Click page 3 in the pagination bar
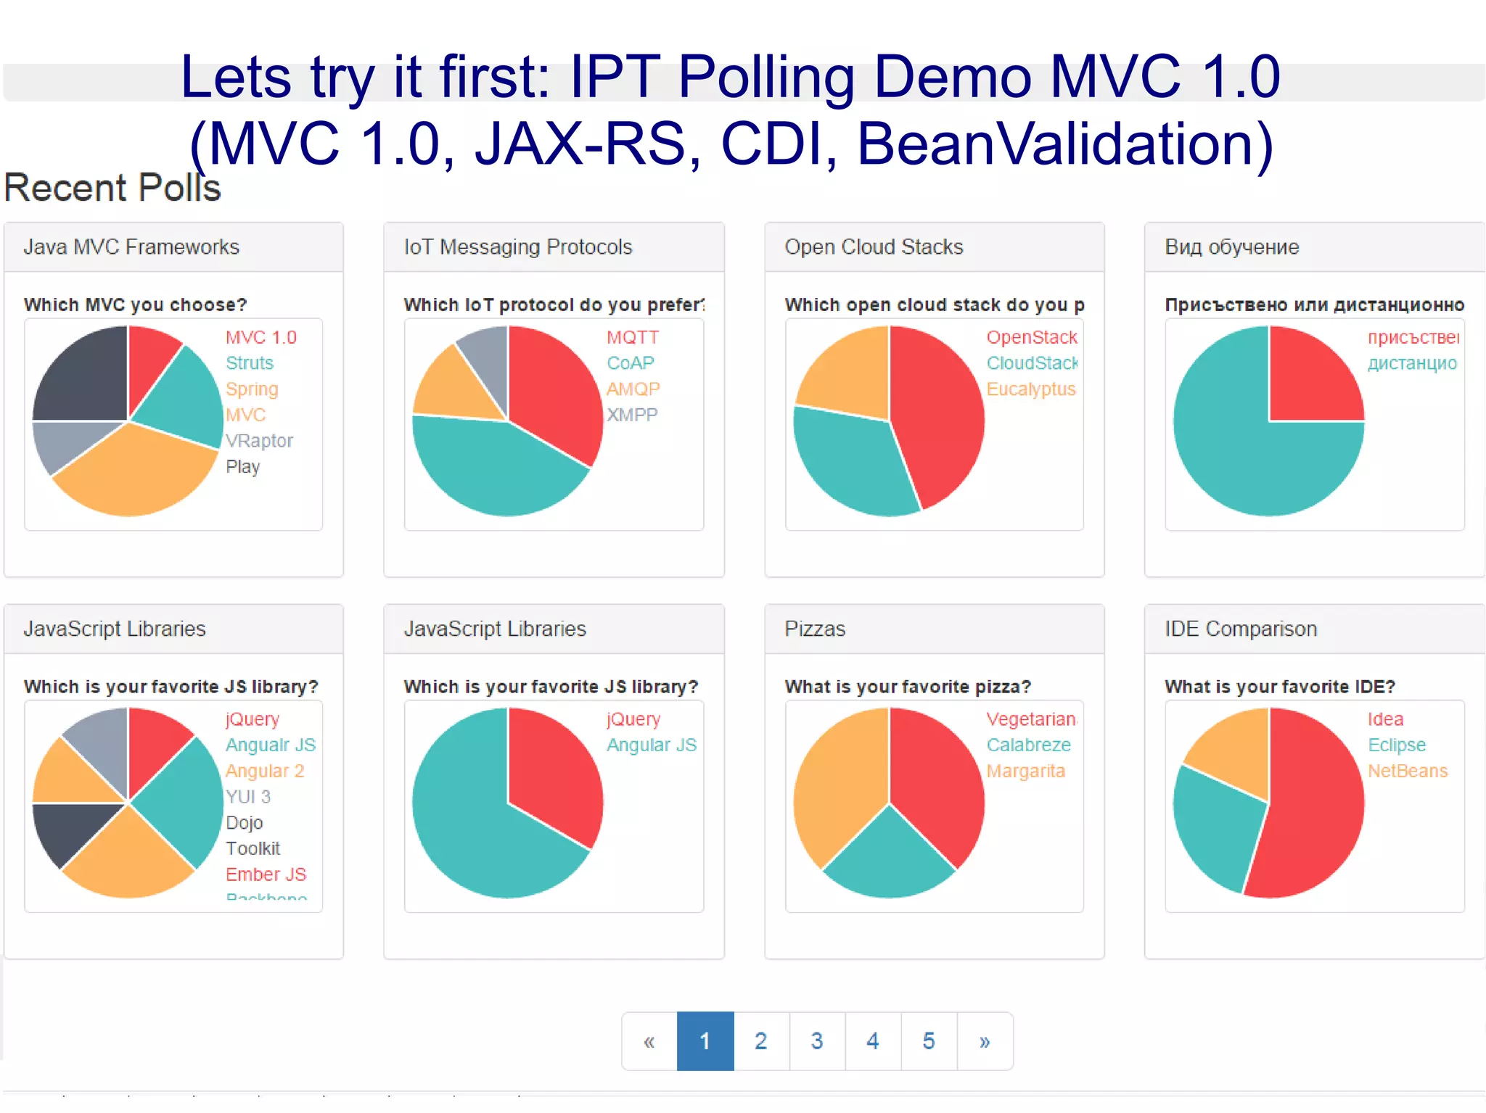817,1041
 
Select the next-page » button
985,1041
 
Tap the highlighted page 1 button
705,1041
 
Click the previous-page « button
649,1041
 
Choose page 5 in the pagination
929,1041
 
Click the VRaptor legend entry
259,441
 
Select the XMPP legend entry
632,415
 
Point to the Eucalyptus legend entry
1030,389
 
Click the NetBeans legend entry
1407,771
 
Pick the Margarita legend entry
1025,771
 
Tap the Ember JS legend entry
266,874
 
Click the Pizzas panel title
815,629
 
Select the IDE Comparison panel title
1240,629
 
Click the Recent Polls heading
112,188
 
